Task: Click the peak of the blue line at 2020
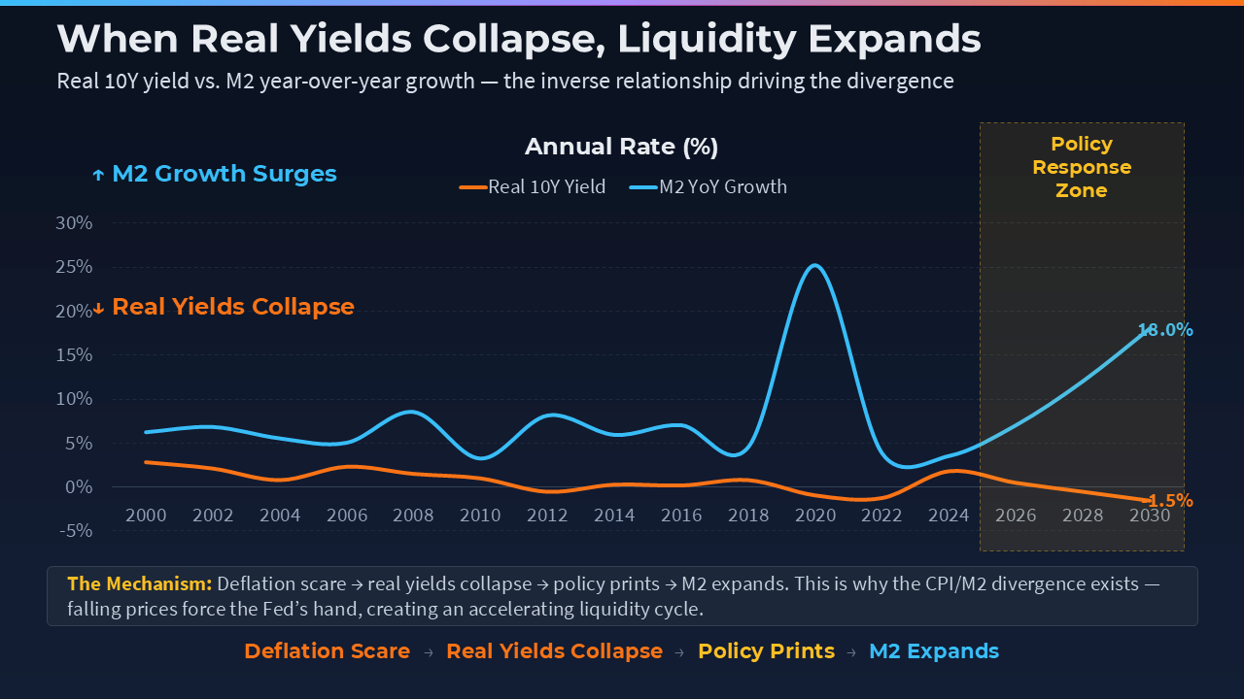pos(814,265)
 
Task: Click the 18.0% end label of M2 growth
pos(1165,330)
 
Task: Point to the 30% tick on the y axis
pos(74,222)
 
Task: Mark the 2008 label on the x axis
pos(413,515)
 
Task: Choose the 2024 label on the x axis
pos(950,515)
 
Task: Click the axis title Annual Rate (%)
pos(621,147)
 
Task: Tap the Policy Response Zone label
pos(1082,167)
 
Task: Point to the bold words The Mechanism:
pos(139,584)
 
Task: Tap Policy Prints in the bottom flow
pos(766,651)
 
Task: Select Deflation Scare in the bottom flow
pos(327,651)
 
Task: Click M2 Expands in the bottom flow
pos(933,651)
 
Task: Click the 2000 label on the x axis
pos(145,515)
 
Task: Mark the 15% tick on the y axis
pos(74,354)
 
